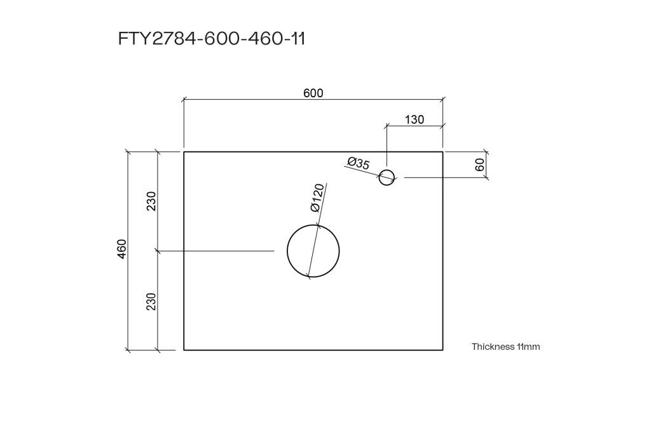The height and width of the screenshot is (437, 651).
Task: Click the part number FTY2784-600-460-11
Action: coord(212,39)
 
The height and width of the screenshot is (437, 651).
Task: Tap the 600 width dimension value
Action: coord(313,94)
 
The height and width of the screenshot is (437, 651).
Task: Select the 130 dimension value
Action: coord(415,120)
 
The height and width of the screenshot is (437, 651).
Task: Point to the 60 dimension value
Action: coord(480,165)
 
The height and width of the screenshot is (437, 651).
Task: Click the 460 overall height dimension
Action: coord(121,249)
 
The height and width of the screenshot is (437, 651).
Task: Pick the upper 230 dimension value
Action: coord(151,201)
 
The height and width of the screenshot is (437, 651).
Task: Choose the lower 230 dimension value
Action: coord(151,302)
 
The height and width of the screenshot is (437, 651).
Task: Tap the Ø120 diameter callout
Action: coord(318,198)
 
